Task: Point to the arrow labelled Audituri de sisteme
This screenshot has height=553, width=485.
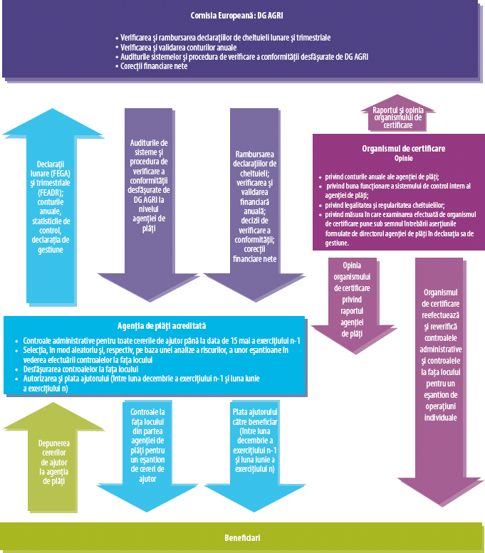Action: tap(149, 185)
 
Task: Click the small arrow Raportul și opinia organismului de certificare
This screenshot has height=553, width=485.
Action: tap(398, 117)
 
